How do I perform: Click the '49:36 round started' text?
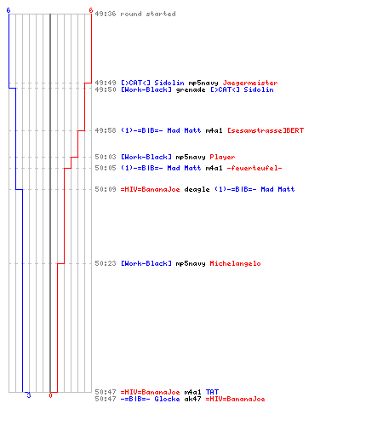coord(135,14)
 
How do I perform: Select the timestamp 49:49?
coord(106,83)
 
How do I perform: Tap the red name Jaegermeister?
coord(250,83)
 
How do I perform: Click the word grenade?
coord(191,90)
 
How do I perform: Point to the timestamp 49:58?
coord(106,130)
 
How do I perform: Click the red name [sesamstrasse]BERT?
coord(266,130)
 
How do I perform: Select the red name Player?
coord(222,157)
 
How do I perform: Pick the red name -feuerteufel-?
coord(254,168)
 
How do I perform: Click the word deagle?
coord(197,189)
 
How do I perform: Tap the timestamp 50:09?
coord(106,189)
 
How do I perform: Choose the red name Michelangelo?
coord(235,263)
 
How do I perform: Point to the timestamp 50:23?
coord(106,263)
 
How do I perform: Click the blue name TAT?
coord(212,392)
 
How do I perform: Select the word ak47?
coord(192,399)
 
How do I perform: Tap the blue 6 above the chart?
coord(9,10)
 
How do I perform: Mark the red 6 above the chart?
coord(91,10)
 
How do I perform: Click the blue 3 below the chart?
coord(29,395)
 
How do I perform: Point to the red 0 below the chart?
coord(50,395)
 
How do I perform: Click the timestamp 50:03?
coord(106,157)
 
